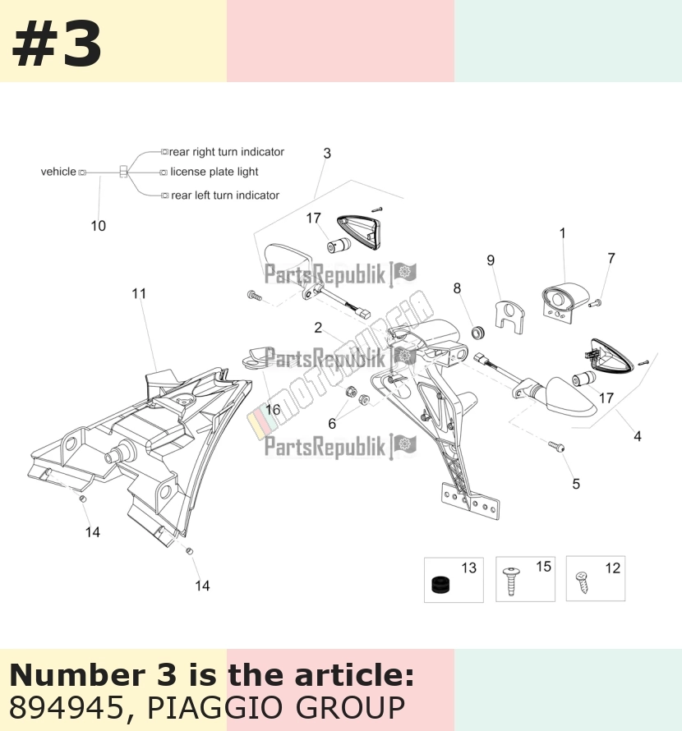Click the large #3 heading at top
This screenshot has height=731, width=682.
57,45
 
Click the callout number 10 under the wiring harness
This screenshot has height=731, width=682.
98,226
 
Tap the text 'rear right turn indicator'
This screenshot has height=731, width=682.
227,152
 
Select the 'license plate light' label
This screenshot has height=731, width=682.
214,172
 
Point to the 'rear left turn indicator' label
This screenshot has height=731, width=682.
225,195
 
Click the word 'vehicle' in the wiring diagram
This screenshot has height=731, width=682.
58,172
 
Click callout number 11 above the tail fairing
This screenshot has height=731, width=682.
139,294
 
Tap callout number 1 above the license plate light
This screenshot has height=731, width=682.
563,233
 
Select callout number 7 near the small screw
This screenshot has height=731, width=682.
611,258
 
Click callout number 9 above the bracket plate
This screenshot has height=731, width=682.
491,260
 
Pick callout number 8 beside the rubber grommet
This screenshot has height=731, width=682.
457,288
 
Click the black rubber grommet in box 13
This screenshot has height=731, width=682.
440,585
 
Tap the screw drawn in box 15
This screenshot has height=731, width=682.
511,582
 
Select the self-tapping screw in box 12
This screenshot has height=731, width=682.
583,583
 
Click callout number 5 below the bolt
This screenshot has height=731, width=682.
576,484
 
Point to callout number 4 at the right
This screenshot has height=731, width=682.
637,436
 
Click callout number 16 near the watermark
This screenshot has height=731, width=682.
273,410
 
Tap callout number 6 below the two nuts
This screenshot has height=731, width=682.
332,424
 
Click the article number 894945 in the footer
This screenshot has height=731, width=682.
65,707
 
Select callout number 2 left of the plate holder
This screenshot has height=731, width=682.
318,328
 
